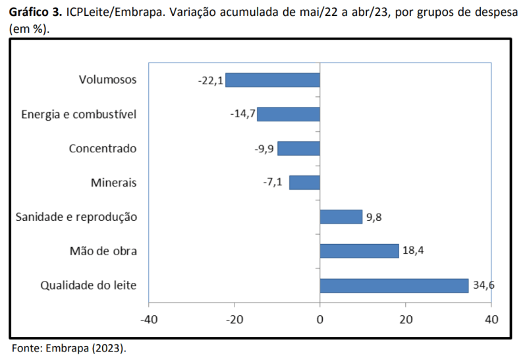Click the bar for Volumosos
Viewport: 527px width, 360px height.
point(273,80)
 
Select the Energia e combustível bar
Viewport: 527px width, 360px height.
point(289,114)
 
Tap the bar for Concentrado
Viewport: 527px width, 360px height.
point(298,148)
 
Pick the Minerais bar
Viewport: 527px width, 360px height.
point(304,183)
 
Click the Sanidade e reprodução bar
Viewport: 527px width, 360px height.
point(341,217)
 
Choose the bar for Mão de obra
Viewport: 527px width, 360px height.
point(359,251)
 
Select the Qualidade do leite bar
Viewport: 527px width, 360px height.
point(394,285)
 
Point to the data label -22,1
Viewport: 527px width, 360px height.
point(211,80)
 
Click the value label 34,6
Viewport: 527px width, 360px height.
point(484,285)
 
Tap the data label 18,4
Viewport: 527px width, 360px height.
point(414,251)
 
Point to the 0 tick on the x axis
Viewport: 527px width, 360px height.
point(319,319)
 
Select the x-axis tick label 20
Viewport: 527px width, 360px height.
point(405,319)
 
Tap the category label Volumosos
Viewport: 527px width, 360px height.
point(107,80)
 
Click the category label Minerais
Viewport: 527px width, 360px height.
point(114,183)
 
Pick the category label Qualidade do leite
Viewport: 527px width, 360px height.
point(89,285)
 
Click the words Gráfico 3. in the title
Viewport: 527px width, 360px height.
point(36,13)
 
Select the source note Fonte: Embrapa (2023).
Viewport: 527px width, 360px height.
point(69,347)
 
